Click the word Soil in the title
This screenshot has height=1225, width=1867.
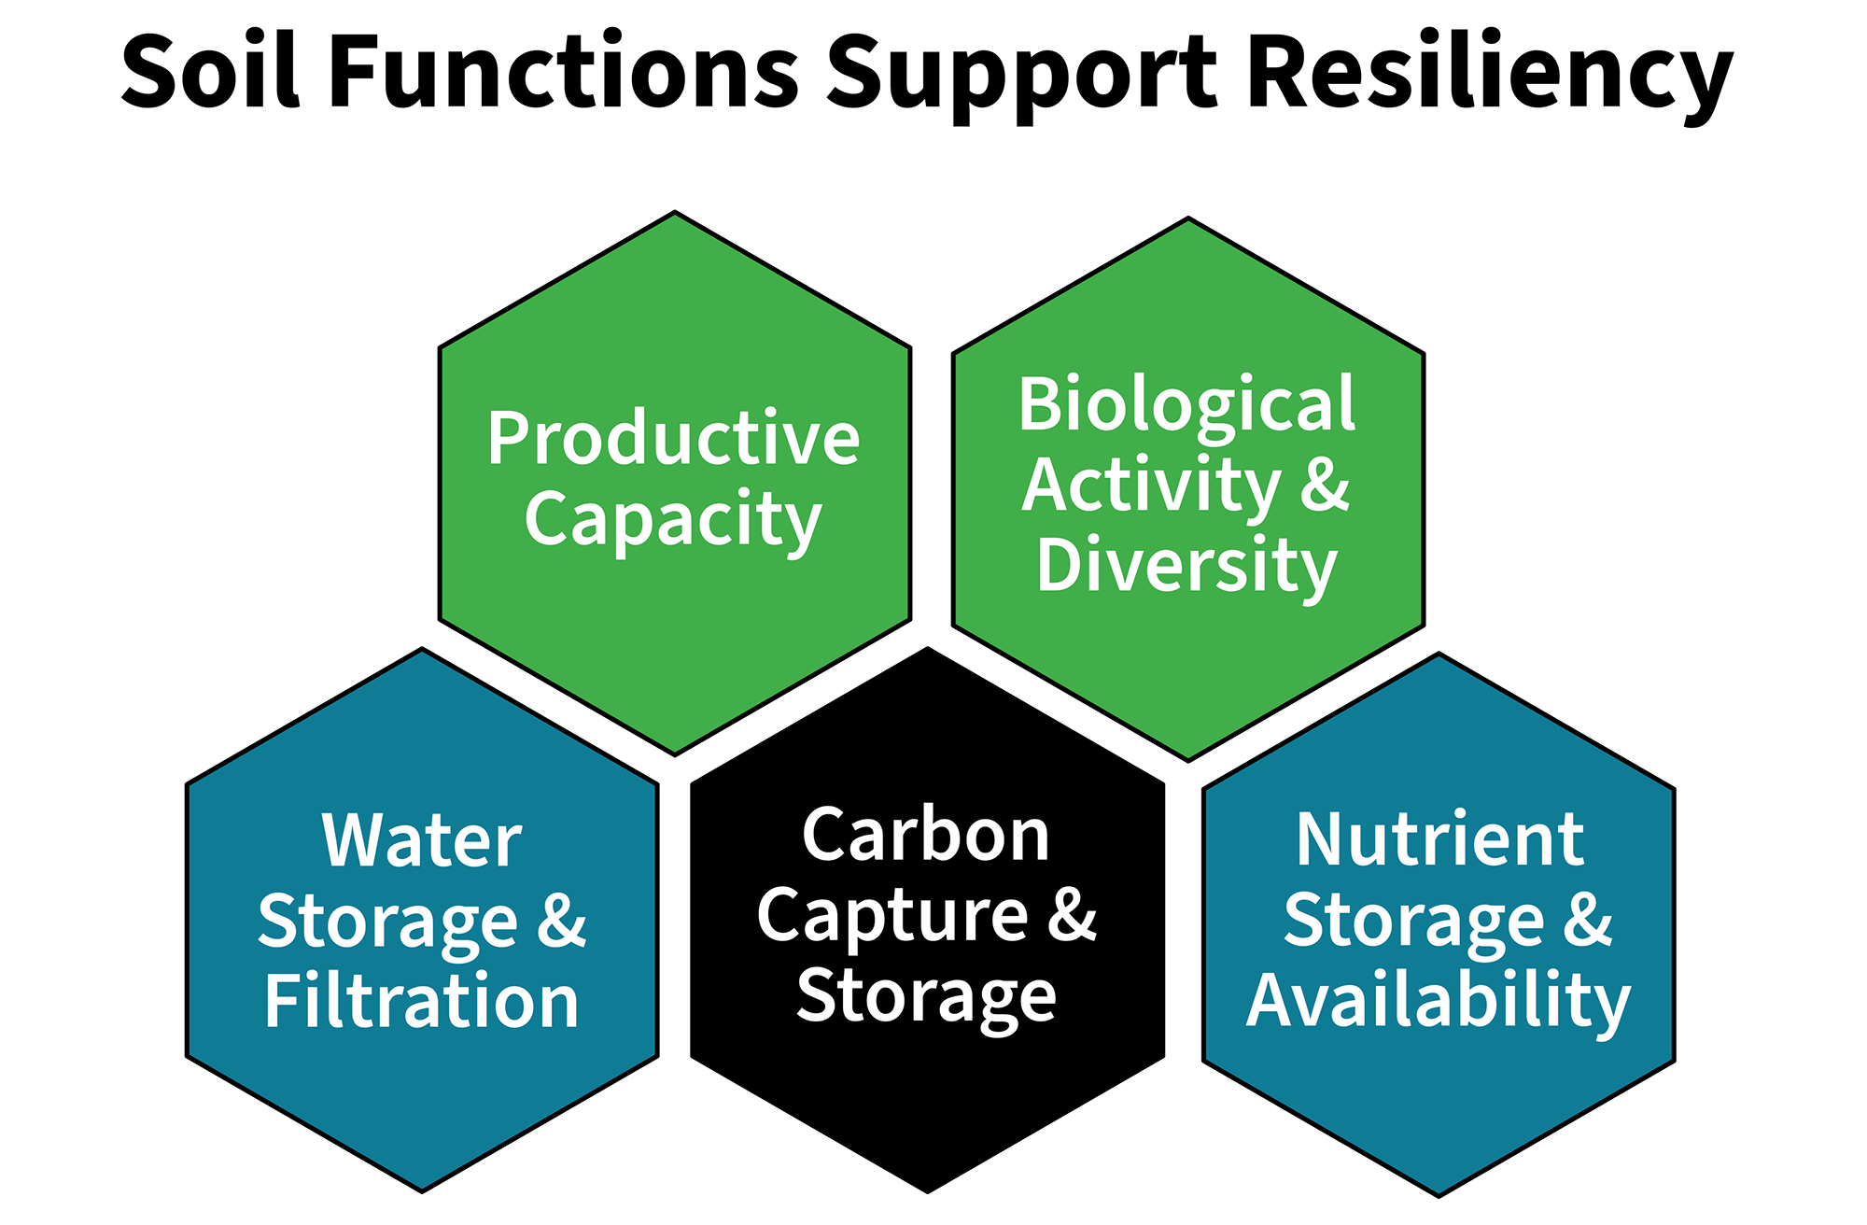211,71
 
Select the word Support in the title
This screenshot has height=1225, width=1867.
1022,75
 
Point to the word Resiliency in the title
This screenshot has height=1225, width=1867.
1490,75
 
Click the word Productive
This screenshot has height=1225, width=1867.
673,439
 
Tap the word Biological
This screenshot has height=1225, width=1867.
1186,405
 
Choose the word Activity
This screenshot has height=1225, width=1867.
1151,486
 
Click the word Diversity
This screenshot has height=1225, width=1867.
1186,567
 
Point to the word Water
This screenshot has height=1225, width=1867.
422,840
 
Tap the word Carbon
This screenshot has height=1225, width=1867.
926,835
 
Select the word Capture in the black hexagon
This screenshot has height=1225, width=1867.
892,917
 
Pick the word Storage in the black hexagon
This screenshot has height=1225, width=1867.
926,998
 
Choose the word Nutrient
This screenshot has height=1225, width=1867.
1439,840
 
